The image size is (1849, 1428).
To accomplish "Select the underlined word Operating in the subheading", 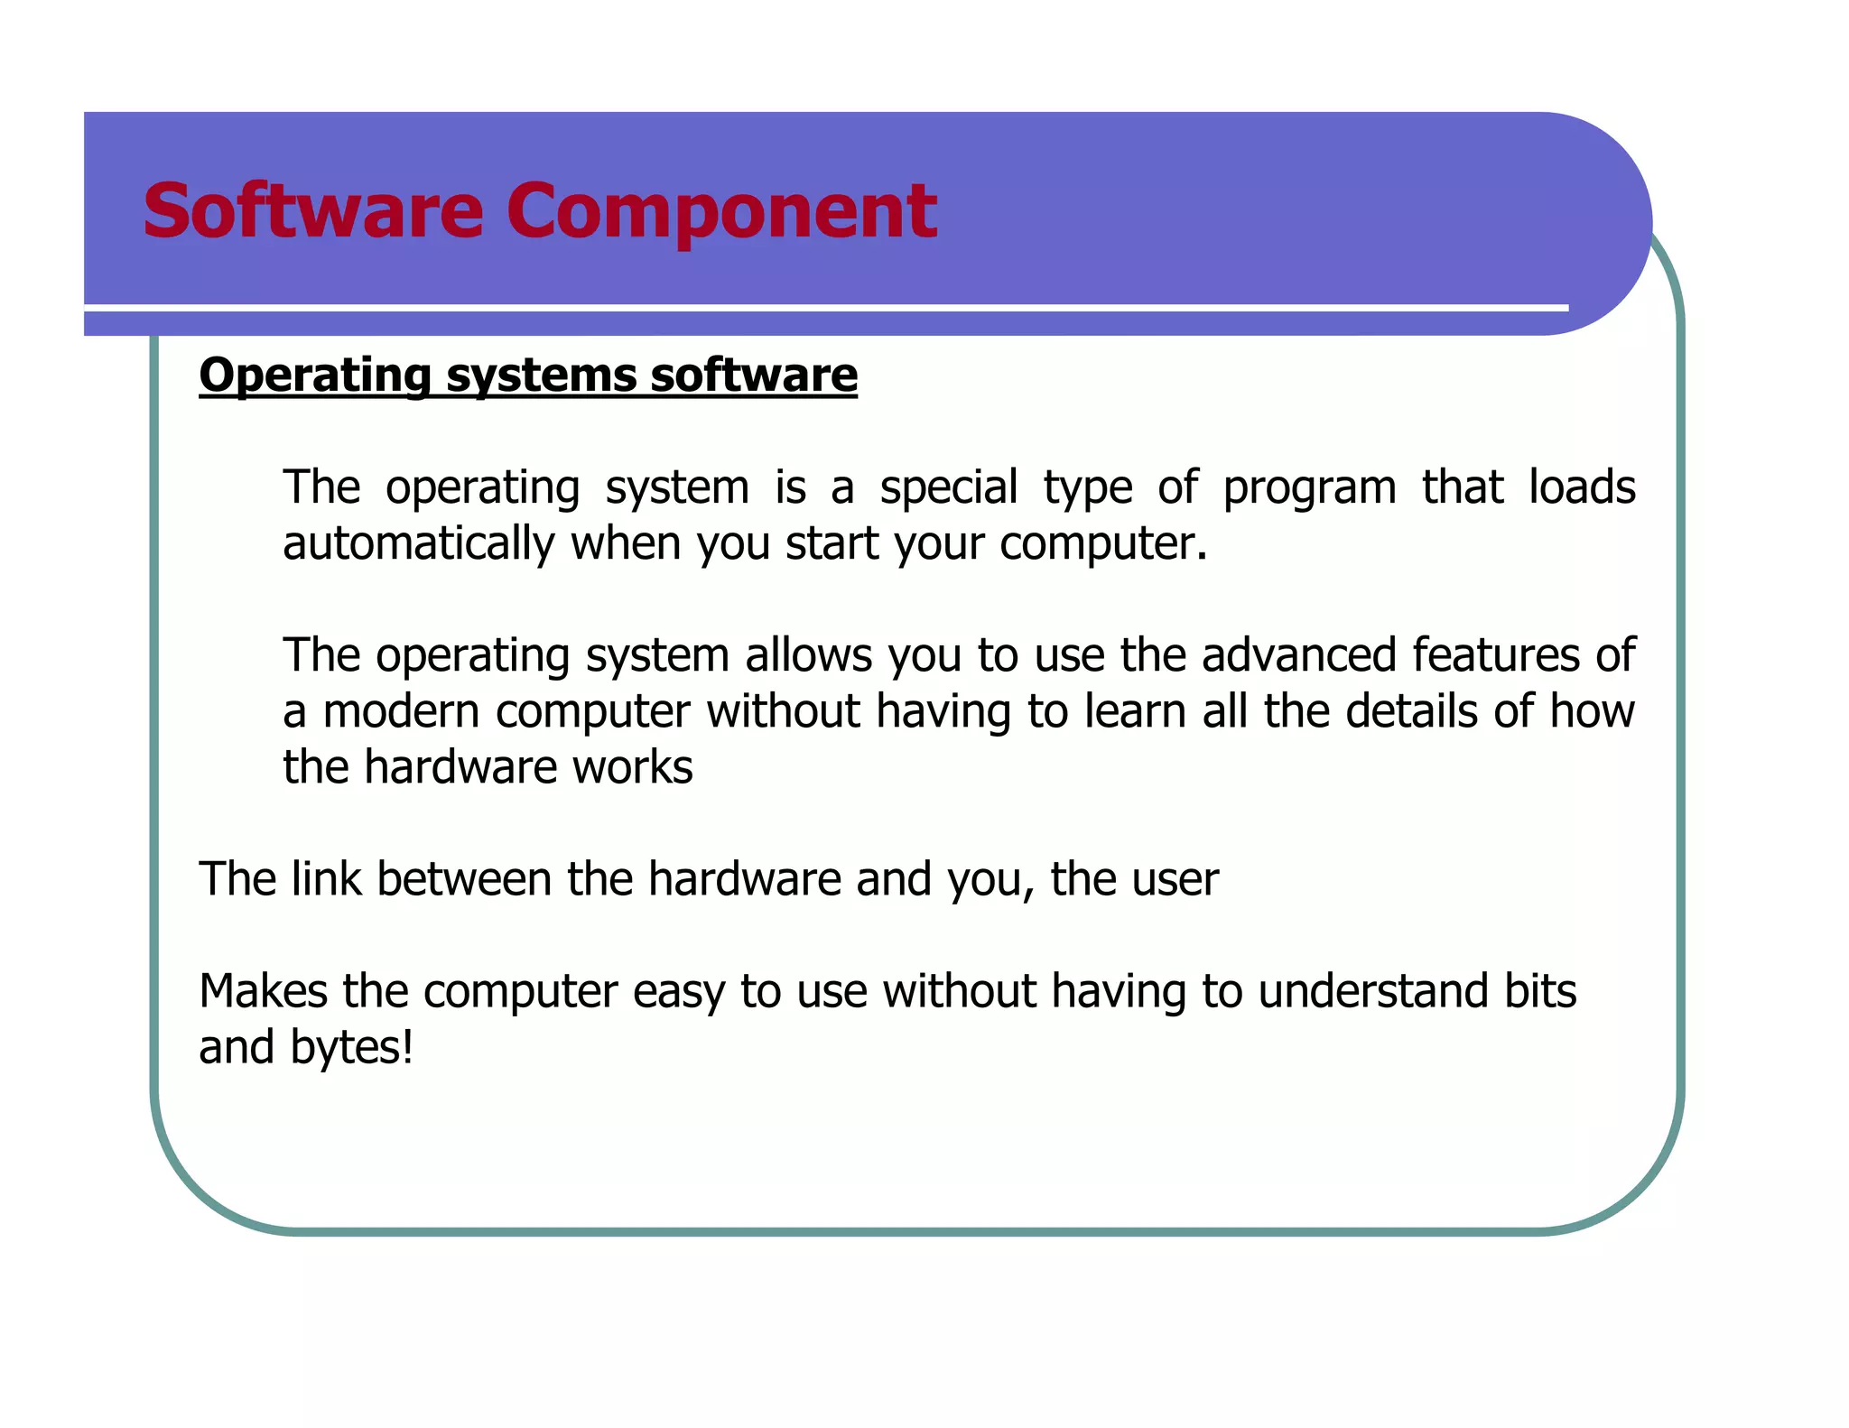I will point(315,376).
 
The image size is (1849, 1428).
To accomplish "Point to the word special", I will point(949,488).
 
